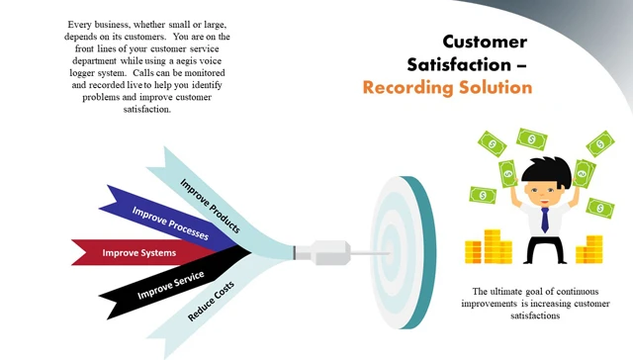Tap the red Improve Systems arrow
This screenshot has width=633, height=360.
[x=138, y=253]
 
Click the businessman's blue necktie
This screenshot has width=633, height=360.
[x=544, y=219]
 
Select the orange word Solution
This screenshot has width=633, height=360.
[x=497, y=87]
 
